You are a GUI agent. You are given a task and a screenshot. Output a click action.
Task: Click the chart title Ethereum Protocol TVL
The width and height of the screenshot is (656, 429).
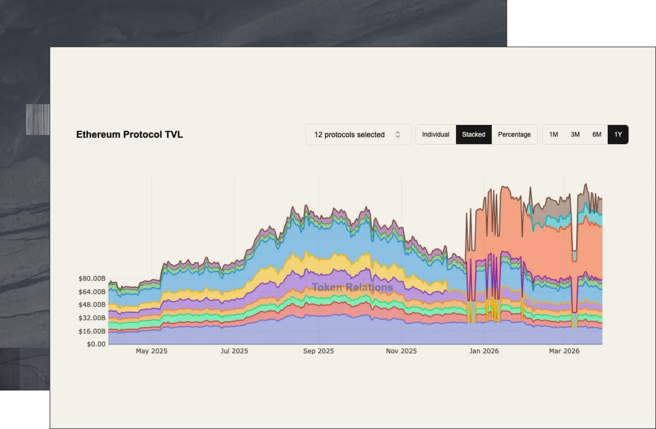(x=129, y=134)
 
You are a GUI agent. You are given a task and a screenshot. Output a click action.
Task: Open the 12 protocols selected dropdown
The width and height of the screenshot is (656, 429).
(x=358, y=135)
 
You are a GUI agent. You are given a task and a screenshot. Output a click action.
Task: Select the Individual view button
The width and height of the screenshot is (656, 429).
(x=435, y=134)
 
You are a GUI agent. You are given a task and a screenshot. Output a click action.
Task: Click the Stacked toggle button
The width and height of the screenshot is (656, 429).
(x=473, y=134)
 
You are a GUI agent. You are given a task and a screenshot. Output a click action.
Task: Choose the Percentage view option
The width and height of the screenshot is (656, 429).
(x=514, y=134)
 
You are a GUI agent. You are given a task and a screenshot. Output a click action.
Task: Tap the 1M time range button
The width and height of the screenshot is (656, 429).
(x=553, y=134)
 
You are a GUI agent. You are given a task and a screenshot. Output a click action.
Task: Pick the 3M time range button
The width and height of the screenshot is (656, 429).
(x=575, y=134)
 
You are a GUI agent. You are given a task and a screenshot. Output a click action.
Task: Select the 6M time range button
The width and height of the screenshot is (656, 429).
(x=596, y=134)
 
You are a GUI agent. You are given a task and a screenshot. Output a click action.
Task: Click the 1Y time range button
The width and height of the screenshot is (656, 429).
(x=617, y=134)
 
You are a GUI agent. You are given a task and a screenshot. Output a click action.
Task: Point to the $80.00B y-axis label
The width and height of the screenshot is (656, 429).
(x=92, y=278)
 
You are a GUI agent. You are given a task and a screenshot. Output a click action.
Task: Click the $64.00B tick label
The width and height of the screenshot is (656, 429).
(x=92, y=292)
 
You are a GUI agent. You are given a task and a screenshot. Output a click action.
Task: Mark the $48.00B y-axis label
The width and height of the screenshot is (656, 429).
(x=92, y=305)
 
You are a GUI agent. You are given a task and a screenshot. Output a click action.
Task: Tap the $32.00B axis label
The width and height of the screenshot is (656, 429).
(x=92, y=318)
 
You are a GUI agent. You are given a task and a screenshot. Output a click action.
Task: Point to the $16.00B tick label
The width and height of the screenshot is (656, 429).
(x=92, y=331)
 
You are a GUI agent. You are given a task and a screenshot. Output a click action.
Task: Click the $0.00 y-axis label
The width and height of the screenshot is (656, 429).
(x=96, y=344)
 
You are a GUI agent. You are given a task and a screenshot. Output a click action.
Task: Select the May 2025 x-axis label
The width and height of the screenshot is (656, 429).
(x=151, y=351)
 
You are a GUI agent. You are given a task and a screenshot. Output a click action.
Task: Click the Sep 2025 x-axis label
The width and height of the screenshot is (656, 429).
(x=318, y=351)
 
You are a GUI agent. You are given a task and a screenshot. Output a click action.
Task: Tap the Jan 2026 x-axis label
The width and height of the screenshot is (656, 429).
(x=484, y=351)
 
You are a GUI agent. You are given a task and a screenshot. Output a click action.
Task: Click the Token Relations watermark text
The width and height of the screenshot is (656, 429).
(x=352, y=287)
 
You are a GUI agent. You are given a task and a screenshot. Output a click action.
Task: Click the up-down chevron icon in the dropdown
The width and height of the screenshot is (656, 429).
(x=398, y=135)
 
